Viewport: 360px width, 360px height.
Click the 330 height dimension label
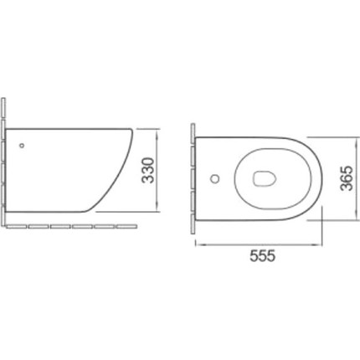click(x=148, y=171)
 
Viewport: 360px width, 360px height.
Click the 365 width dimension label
click(x=347, y=178)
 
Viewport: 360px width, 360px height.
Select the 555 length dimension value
click(x=263, y=255)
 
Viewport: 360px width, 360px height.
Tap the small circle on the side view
click(x=22, y=145)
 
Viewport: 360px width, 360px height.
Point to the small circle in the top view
click(x=215, y=178)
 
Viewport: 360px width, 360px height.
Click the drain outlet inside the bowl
click(x=265, y=178)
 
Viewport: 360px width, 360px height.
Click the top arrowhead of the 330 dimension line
click(x=157, y=132)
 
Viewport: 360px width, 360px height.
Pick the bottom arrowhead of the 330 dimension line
click(x=157, y=208)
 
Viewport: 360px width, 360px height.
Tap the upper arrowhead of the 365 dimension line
click(x=357, y=141)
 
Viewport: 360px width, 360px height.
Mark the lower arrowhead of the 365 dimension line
click(x=357, y=216)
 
